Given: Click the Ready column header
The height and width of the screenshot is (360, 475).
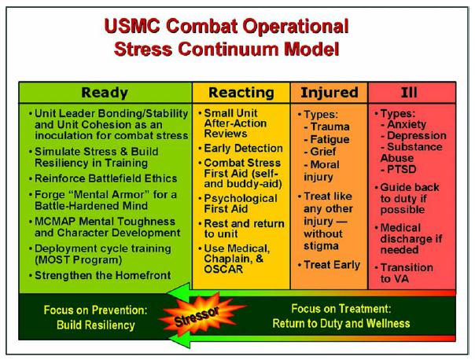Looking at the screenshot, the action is pyautogui.click(x=105, y=93).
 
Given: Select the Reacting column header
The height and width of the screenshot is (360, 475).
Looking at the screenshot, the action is pyautogui.click(x=241, y=93).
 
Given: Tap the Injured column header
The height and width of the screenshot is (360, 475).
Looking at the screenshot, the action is pyautogui.click(x=330, y=93).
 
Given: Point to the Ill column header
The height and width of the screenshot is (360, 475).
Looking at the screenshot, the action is pyautogui.click(x=409, y=93).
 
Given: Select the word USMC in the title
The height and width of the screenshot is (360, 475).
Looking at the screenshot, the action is pyautogui.click(x=132, y=26).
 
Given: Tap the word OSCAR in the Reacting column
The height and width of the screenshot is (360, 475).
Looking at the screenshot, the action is pyautogui.click(x=223, y=269).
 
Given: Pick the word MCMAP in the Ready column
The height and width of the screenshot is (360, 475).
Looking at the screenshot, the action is pyautogui.click(x=55, y=222).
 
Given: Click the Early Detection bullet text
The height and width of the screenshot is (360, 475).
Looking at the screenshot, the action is pyautogui.click(x=243, y=149).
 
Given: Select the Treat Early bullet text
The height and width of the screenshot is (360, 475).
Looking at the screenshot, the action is pyautogui.click(x=332, y=265).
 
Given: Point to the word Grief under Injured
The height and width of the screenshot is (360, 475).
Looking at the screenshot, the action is pyautogui.click(x=323, y=152).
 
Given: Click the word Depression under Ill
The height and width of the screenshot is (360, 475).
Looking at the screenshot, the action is pyautogui.click(x=417, y=136).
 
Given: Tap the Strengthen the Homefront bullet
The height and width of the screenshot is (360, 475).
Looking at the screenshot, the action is pyautogui.click(x=103, y=276).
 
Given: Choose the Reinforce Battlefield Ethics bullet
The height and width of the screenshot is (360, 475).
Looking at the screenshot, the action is pyautogui.click(x=105, y=178).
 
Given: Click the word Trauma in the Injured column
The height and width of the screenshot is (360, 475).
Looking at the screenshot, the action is pyautogui.click(x=330, y=127).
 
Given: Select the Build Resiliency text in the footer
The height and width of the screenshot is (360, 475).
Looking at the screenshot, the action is pyautogui.click(x=96, y=325).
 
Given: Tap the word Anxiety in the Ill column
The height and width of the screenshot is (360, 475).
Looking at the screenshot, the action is pyautogui.click(x=407, y=124).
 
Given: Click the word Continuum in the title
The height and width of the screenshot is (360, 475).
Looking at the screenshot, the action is pyautogui.click(x=228, y=49).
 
